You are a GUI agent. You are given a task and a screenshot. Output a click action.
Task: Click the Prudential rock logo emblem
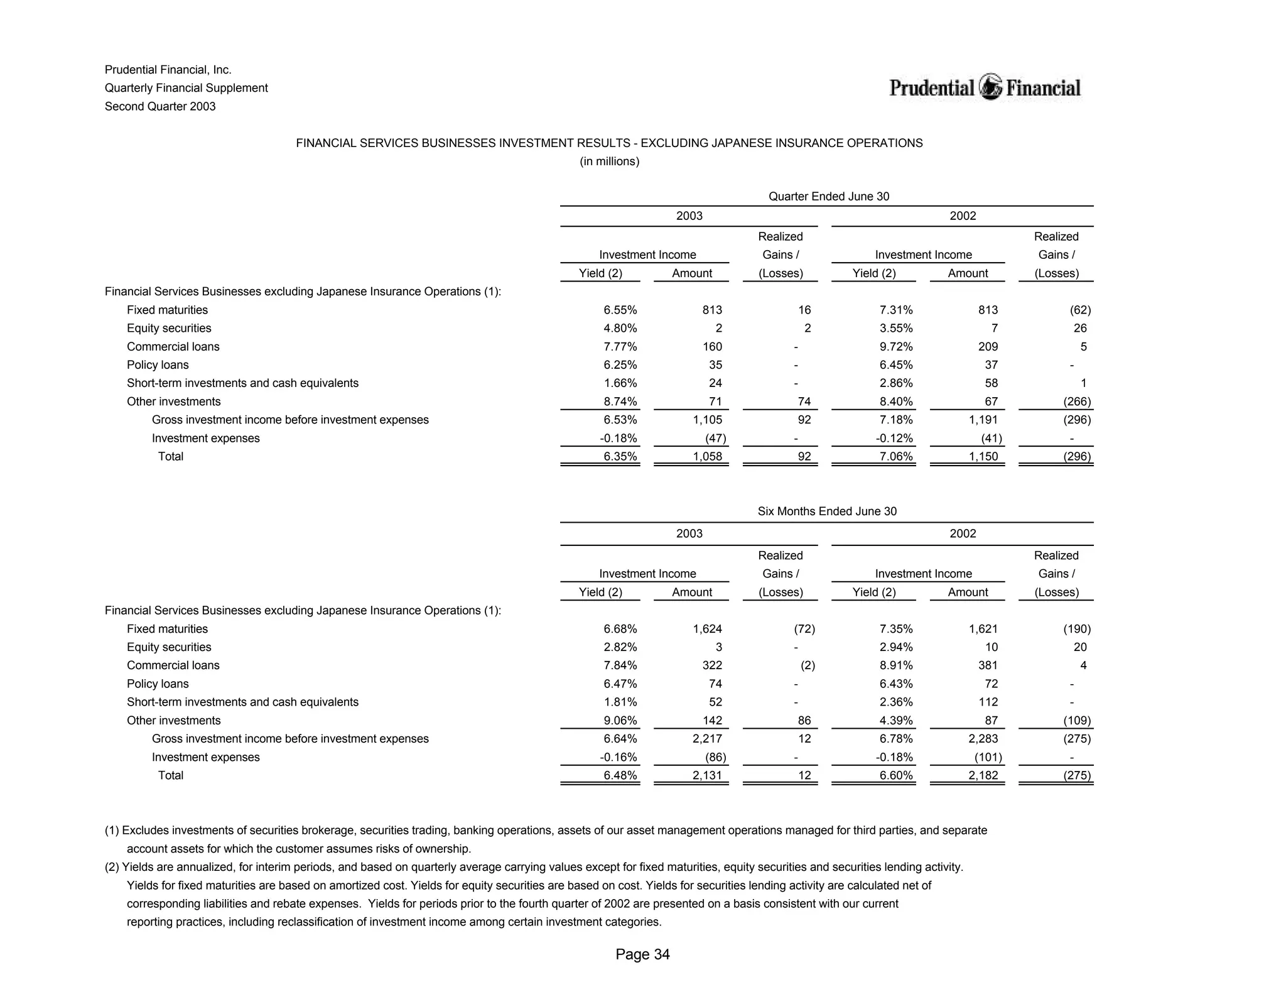pos(990,87)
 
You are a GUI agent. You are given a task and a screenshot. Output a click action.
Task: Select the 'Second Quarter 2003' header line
pos(160,106)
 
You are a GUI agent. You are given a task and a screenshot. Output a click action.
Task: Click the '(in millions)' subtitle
pos(609,161)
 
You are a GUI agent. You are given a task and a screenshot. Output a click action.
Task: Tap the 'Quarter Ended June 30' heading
pos(828,196)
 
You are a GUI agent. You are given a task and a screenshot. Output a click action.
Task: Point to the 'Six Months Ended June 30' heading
pos(827,511)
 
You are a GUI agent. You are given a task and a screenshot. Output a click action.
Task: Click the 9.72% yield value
pos(896,346)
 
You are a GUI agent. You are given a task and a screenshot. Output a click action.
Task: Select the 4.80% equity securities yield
pos(620,328)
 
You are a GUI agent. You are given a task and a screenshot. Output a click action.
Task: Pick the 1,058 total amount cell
pos(707,456)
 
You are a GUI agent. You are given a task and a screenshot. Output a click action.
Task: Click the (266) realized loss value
pos(1076,401)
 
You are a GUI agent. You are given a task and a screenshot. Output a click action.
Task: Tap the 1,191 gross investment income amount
pos(983,420)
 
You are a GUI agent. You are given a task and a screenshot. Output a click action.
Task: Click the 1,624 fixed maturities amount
pos(707,628)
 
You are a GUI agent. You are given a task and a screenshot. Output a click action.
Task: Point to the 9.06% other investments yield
pos(620,720)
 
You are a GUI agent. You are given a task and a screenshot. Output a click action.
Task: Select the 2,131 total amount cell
pos(707,775)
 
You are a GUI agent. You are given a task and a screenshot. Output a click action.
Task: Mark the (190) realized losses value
pos(1076,628)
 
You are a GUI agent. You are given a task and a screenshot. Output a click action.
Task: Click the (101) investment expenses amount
pos(987,756)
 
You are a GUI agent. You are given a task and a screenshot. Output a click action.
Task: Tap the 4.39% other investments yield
pos(896,720)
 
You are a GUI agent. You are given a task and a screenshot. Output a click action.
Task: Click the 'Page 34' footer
pos(642,954)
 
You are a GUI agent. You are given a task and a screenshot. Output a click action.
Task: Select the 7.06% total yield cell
pos(896,456)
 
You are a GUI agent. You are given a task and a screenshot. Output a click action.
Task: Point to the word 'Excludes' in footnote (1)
pos(146,830)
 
